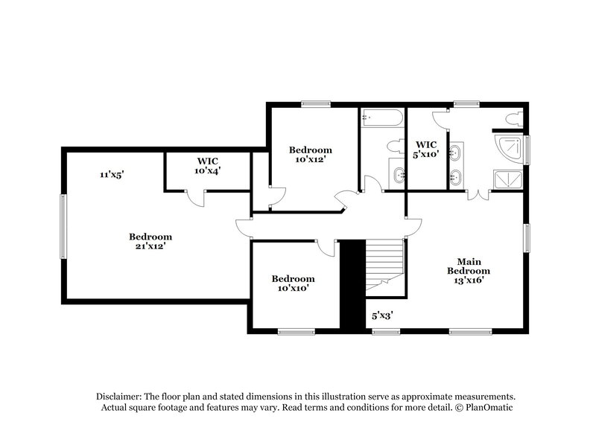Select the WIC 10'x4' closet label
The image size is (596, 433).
208,165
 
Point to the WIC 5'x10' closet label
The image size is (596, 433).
427,149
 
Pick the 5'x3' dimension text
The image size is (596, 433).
382,315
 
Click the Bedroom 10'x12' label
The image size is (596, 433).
310,154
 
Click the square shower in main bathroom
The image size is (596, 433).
510,179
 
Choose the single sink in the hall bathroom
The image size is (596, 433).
397,176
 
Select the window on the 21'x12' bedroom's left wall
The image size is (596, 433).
63,226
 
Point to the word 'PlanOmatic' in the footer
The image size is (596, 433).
490,409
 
